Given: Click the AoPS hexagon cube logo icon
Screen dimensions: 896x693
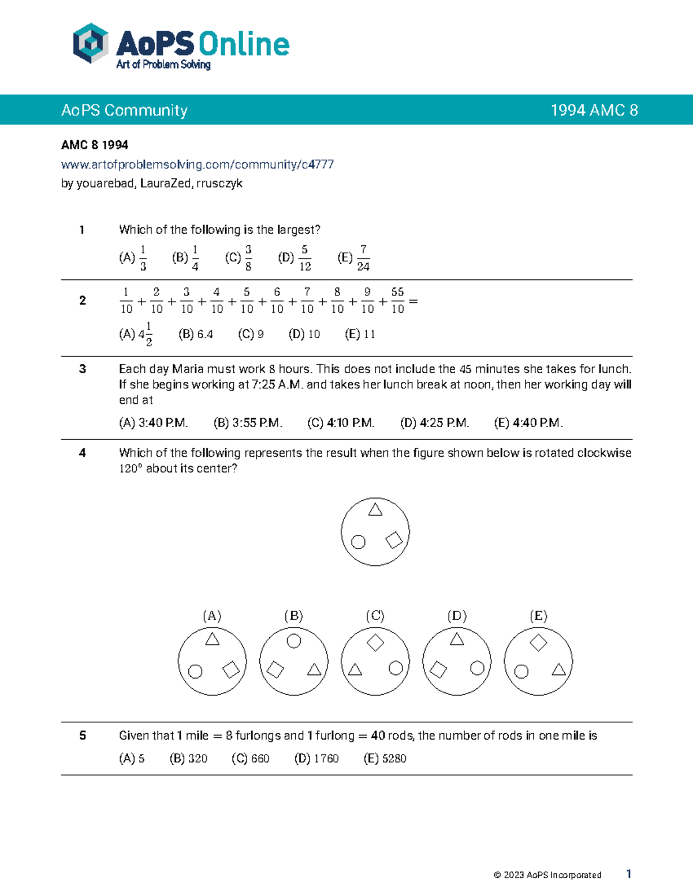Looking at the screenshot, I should point(91,43).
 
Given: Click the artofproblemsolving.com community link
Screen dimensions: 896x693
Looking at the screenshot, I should point(197,164).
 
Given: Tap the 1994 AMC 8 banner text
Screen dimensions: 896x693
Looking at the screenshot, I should point(594,110).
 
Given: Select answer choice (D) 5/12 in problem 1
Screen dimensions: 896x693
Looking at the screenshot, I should point(295,258).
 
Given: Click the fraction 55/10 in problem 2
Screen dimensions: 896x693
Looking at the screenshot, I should point(397,301).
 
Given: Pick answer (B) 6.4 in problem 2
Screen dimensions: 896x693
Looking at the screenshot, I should point(196,334).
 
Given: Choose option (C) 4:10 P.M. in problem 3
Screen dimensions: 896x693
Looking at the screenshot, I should point(341,423).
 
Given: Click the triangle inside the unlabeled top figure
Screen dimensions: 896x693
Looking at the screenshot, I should point(375,509).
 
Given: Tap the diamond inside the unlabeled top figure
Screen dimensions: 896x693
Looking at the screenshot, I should point(394,540).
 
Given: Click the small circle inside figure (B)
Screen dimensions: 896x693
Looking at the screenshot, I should point(294,641).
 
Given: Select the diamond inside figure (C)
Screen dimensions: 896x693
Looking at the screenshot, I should point(375,642).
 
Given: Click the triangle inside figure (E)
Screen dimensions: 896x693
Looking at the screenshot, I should point(558,669).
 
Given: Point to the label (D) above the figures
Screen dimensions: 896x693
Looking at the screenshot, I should point(457,616).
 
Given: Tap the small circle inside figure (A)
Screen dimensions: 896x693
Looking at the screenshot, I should point(196,672).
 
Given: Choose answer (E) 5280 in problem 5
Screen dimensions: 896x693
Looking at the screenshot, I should point(385,759).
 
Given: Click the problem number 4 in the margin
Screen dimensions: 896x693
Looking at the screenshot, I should point(83,453).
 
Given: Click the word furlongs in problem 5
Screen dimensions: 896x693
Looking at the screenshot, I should point(258,736).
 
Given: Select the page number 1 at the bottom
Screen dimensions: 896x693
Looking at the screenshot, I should point(629,874).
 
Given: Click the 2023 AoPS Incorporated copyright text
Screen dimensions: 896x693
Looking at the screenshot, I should point(547,875).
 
